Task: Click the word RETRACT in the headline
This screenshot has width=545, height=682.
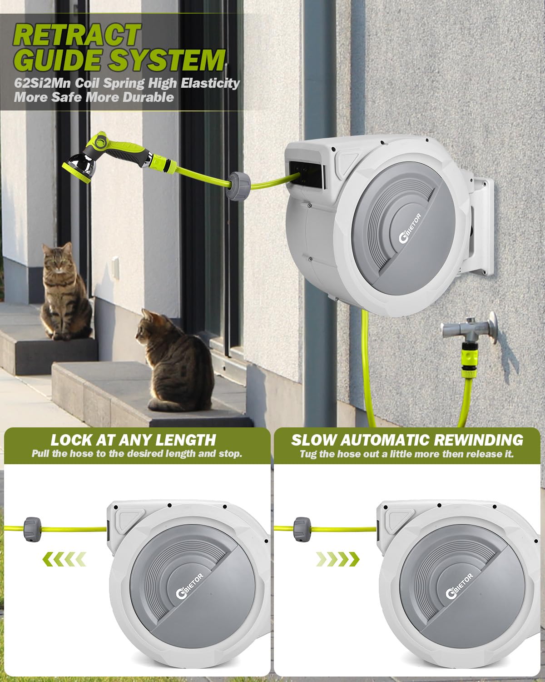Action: [77, 35]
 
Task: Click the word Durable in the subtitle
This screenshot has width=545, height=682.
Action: [148, 97]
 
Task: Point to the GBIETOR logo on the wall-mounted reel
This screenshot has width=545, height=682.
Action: [410, 228]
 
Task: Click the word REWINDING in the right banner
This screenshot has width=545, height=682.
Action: [479, 440]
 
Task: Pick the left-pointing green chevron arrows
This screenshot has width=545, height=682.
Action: [64, 559]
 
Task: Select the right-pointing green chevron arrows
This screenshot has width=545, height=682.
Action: [338, 559]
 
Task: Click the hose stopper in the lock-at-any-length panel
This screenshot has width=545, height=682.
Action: [32, 530]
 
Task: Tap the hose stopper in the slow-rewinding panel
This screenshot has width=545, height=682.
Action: [302, 530]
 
